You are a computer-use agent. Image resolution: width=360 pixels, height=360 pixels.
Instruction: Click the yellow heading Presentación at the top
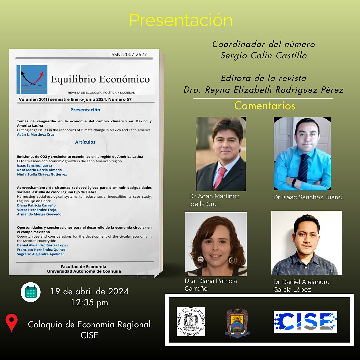tap(181, 20)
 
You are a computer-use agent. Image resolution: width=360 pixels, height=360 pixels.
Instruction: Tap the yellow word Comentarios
tap(265, 106)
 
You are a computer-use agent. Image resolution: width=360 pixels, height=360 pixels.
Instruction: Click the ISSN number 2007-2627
tap(128, 55)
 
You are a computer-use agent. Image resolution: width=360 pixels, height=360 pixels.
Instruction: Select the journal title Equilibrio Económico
tap(100, 79)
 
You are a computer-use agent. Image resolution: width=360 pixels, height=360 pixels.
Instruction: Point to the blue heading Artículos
tap(85, 142)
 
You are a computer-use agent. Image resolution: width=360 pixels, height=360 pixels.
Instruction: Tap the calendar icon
tap(31, 292)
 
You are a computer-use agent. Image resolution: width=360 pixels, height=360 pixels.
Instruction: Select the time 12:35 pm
tap(89, 303)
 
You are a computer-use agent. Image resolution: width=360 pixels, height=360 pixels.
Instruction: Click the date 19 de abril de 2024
tap(89, 291)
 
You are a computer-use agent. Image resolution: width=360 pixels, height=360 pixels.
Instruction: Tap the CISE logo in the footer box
tap(305, 322)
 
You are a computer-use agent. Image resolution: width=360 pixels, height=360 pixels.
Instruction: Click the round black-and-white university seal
tap(191, 322)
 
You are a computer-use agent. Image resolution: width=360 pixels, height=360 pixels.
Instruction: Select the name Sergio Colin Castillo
tap(263, 55)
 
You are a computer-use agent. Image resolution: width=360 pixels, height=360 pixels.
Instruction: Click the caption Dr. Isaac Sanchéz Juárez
tap(308, 197)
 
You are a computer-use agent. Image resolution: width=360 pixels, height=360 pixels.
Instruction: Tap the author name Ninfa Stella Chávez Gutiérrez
tap(42, 174)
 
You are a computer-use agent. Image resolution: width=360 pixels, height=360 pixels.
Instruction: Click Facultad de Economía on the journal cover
tap(83, 267)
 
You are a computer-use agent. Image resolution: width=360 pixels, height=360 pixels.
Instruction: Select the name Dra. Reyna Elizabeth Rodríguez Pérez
tap(263, 90)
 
